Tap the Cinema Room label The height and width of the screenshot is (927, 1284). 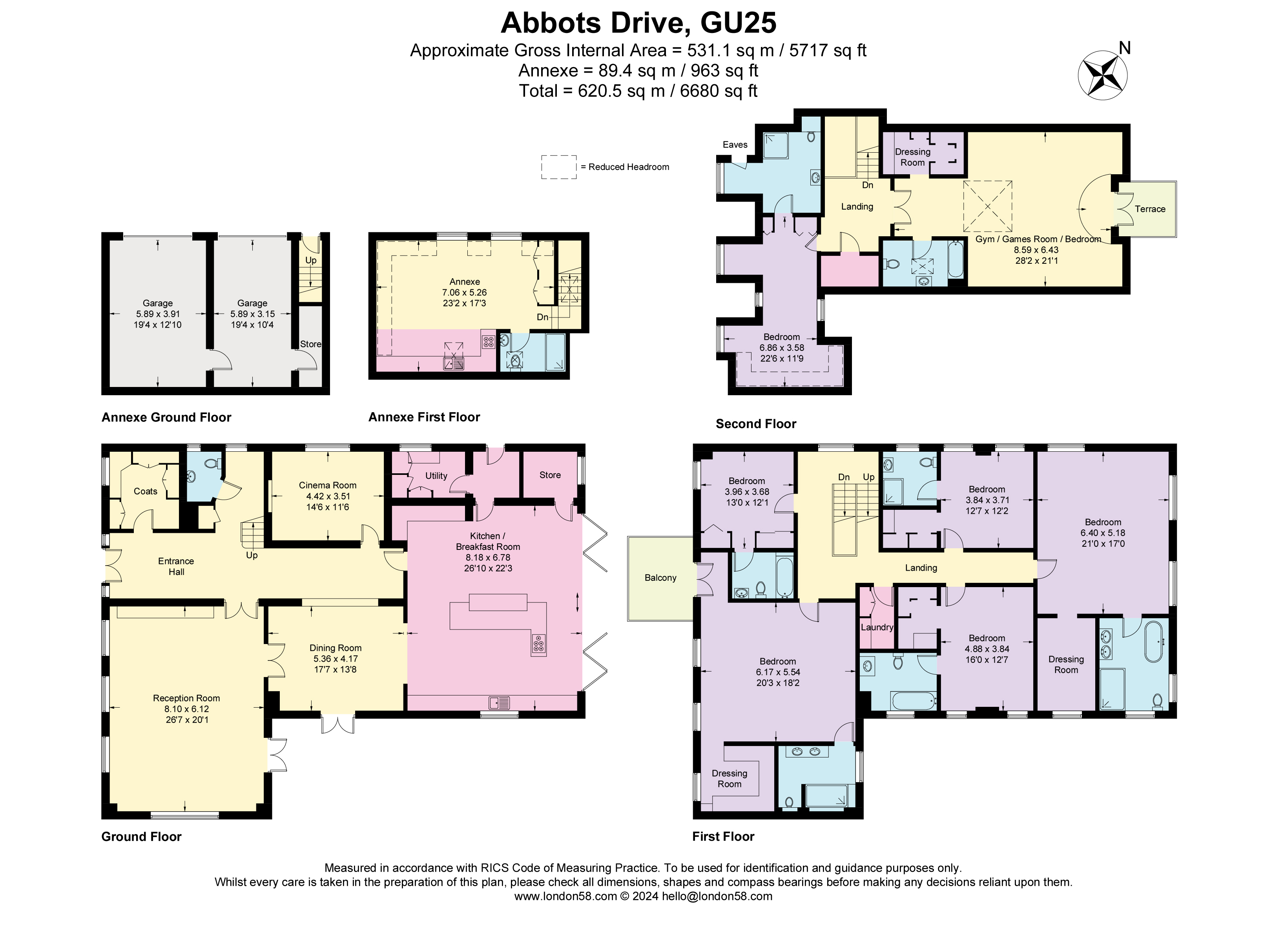tap(327, 485)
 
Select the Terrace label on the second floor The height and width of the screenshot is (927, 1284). tap(1149, 209)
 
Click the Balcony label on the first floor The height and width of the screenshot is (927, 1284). tap(660, 578)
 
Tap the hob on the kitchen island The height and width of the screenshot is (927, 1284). tap(538, 644)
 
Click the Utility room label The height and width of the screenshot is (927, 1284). tap(436, 476)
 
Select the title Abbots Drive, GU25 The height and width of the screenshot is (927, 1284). tap(638, 23)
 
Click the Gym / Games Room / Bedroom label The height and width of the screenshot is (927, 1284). tap(1038, 239)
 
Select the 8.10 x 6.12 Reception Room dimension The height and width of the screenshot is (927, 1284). tap(186, 709)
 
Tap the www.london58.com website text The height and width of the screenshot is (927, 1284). tap(565, 896)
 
